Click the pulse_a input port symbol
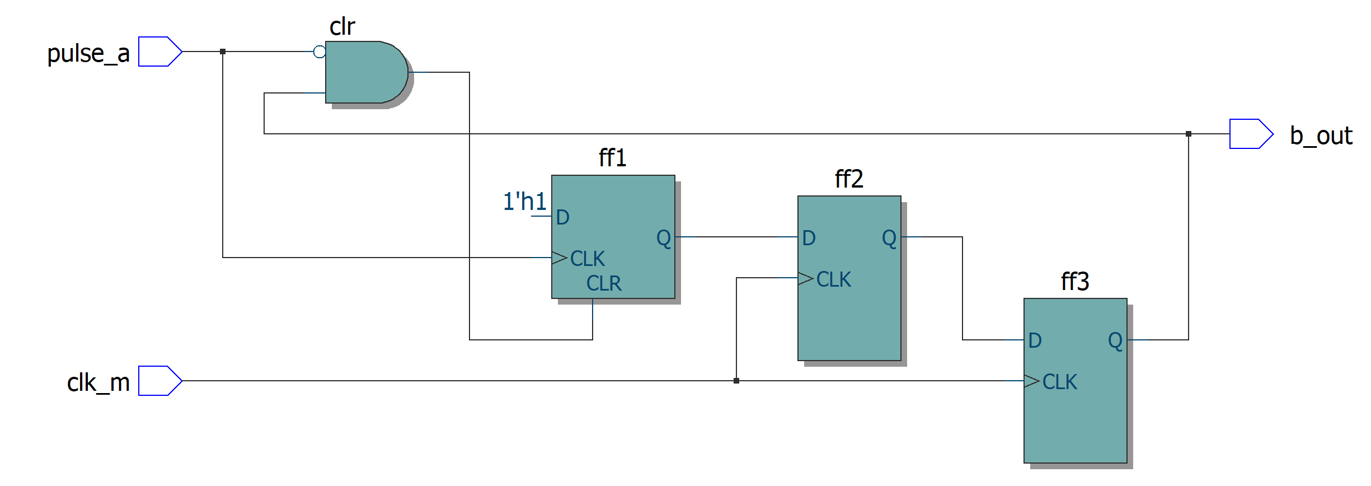(x=159, y=52)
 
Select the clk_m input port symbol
(x=159, y=381)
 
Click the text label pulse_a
(x=88, y=54)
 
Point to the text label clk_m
(x=98, y=383)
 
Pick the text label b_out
(x=1321, y=135)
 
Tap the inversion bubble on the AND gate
(x=320, y=52)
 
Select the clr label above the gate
(x=342, y=27)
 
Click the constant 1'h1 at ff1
(x=524, y=202)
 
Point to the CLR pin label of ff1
(x=604, y=283)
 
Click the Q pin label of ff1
(x=664, y=238)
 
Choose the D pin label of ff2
(x=809, y=238)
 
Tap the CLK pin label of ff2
(x=833, y=279)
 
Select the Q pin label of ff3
(x=1115, y=340)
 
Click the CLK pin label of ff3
(x=1059, y=382)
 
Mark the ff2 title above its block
(x=849, y=179)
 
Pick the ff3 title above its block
(x=1075, y=282)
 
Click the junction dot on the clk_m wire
(x=736, y=381)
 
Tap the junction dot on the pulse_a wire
(x=223, y=52)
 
